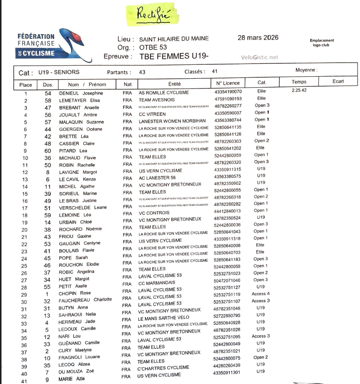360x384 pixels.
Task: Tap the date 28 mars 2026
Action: pos(258,38)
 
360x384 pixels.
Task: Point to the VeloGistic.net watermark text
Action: pos(260,57)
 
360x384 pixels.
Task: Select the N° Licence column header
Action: pos(228,83)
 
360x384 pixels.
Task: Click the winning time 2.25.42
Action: pos(299,90)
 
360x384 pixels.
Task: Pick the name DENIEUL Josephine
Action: pos(81,93)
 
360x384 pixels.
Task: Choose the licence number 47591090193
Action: pos(228,99)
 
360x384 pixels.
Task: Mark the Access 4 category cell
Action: pos(261,294)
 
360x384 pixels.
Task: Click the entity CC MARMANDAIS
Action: pos(157,282)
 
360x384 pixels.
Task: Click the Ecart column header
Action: pos(338,82)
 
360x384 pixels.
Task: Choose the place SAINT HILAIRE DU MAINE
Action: pos(174,39)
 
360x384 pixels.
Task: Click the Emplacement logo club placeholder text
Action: pos(322,42)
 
